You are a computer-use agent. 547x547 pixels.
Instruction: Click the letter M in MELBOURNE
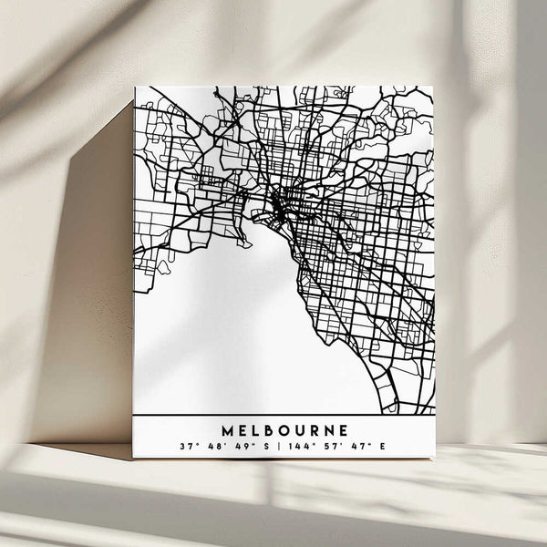[225, 428]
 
